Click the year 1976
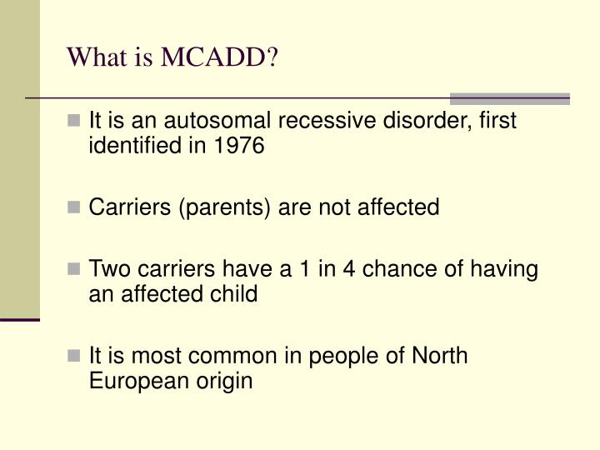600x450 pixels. pyautogui.click(x=239, y=147)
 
